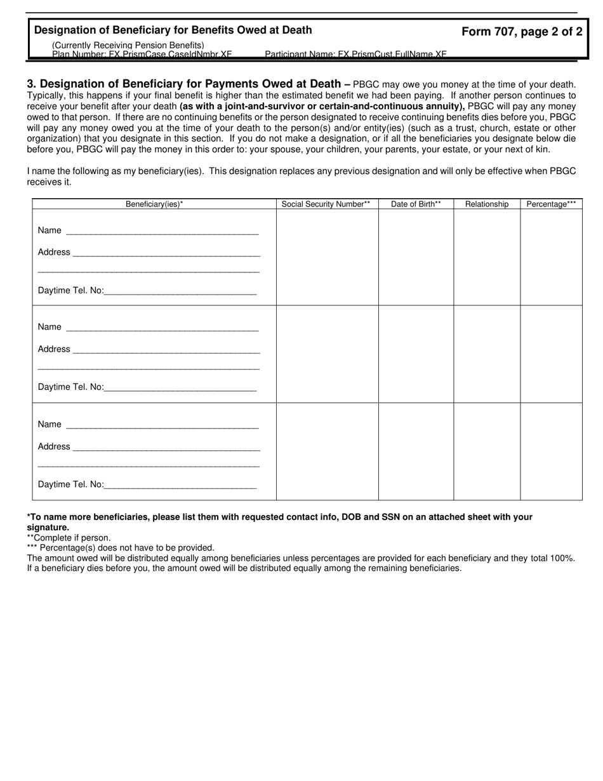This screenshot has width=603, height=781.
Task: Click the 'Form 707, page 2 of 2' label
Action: [521, 32]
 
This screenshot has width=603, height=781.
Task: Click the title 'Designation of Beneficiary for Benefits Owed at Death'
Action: [173, 30]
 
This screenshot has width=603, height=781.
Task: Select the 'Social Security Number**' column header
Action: [326, 204]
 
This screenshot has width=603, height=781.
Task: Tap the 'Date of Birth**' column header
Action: [416, 204]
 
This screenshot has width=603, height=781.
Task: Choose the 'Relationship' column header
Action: [487, 204]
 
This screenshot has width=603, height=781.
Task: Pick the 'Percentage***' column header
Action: [551, 204]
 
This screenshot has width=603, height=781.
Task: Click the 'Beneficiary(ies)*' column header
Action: [154, 204]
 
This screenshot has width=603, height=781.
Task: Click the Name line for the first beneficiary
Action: [162, 231]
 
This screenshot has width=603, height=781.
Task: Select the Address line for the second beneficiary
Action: [166, 350]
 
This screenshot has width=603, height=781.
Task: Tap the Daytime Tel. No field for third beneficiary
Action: [180, 485]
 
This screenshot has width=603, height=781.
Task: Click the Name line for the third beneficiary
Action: [162, 425]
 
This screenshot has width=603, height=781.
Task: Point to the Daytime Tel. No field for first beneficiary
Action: [180, 291]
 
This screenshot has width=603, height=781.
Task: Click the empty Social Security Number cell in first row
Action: [327, 257]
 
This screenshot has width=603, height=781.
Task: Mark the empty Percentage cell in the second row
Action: [551, 354]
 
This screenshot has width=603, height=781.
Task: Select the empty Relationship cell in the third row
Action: [487, 451]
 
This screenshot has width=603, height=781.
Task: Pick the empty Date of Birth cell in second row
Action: [416, 354]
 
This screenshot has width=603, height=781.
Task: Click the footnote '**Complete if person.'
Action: [69, 538]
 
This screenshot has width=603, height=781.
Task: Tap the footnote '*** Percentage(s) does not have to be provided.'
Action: [121, 547]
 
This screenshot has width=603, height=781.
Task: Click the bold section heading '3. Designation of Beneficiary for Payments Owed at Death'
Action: [184, 84]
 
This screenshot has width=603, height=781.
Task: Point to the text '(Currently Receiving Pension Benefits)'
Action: [128, 45]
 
